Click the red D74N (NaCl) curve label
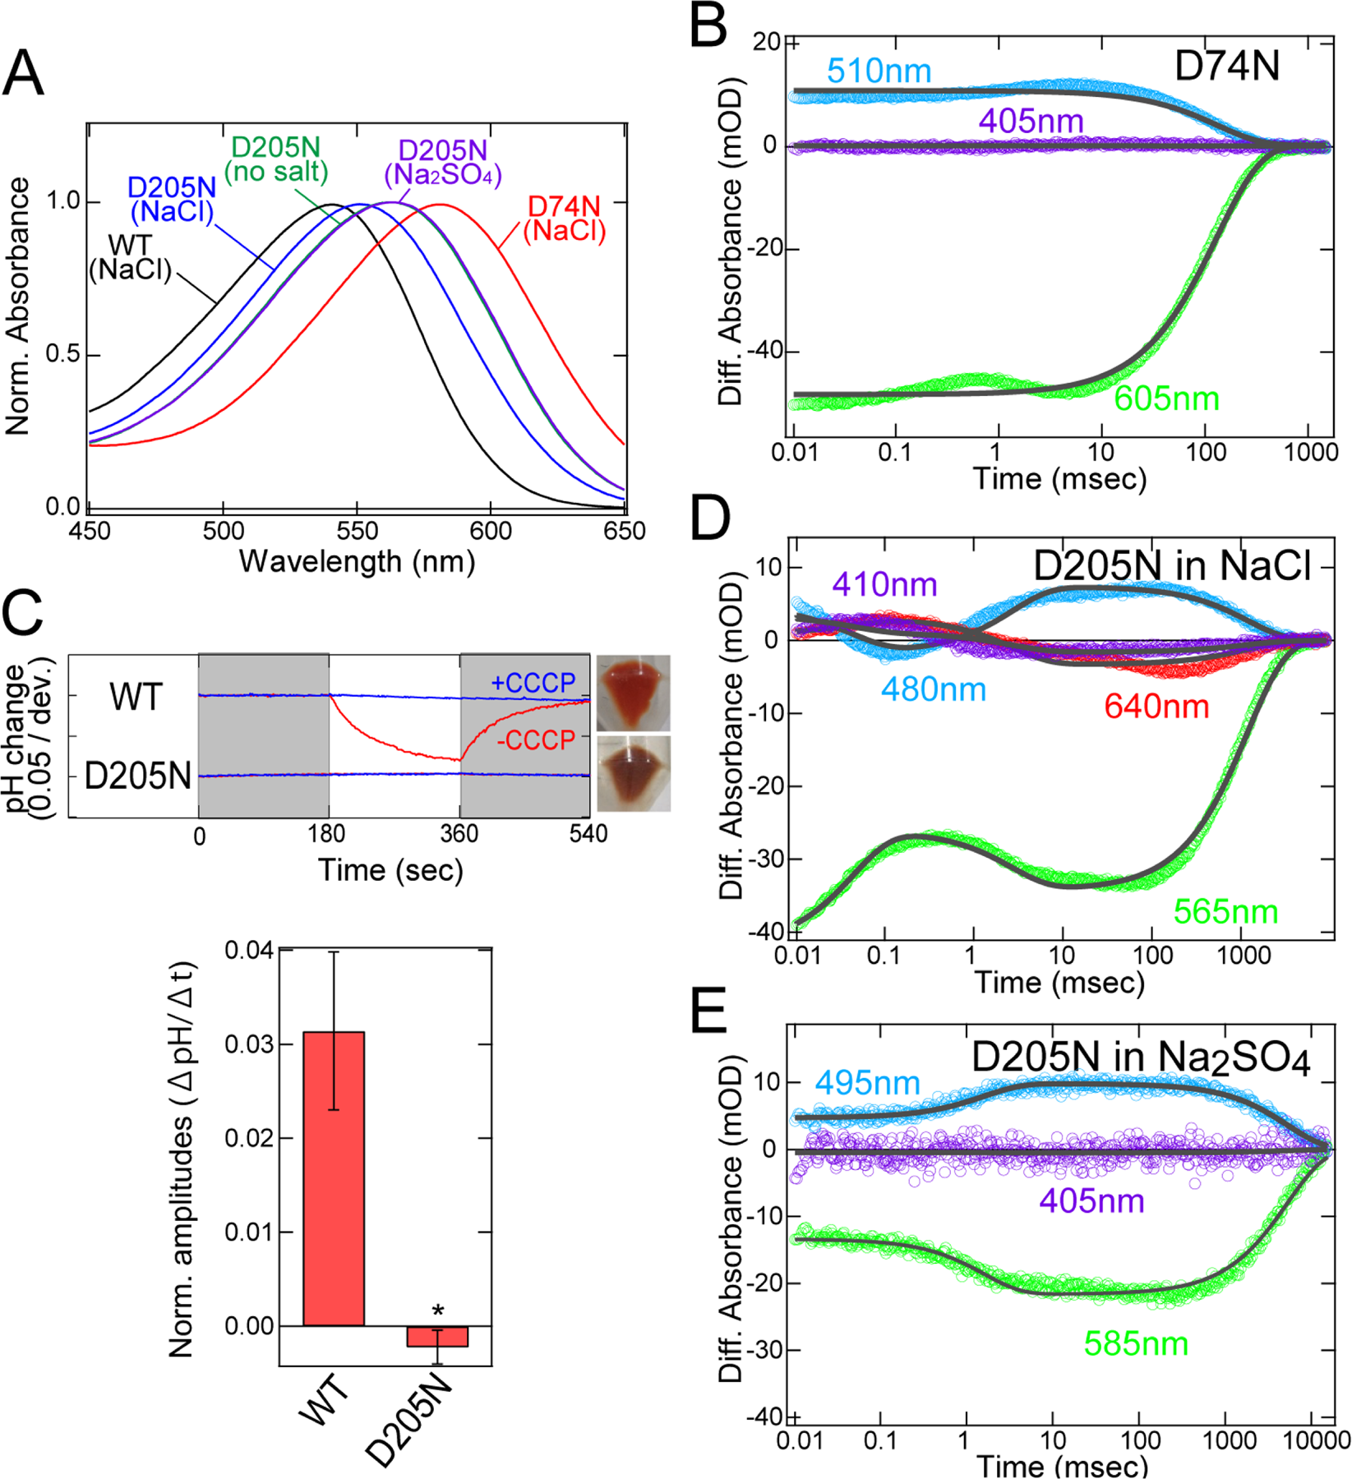pyautogui.click(x=564, y=219)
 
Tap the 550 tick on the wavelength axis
pyautogui.click(x=357, y=531)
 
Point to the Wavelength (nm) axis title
pyautogui.click(x=357, y=562)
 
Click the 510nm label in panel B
pyautogui.click(x=879, y=71)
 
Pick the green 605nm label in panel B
pyautogui.click(x=1165, y=399)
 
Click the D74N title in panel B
pyautogui.click(x=1226, y=67)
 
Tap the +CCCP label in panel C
pyautogui.click(x=533, y=683)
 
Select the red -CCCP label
pyautogui.click(x=536, y=740)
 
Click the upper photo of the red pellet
pyautogui.click(x=633, y=692)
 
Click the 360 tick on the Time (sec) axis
pyautogui.click(x=459, y=834)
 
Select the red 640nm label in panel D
pyautogui.click(x=1156, y=707)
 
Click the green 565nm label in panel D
pyautogui.click(x=1225, y=912)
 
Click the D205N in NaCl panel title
pyautogui.click(x=1170, y=566)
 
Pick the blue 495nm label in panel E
pyautogui.click(x=867, y=1083)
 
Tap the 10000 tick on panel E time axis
pyautogui.click(x=1317, y=1441)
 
